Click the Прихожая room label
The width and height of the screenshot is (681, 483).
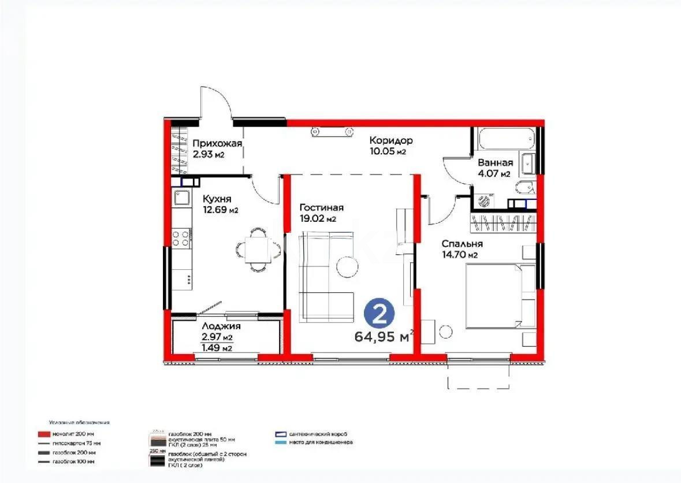click(x=217, y=144)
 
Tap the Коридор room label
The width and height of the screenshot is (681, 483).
click(x=391, y=140)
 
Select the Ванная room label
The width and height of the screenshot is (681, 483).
click(x=495, y=163)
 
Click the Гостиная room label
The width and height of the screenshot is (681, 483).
click(x=322, y=208)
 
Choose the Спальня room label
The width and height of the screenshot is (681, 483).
click(x=462, y=244)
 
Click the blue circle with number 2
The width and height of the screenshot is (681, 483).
click(x=379, y=315)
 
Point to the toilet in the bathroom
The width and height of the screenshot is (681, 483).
click(x=524, y=188)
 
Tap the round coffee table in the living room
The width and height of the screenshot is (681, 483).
click(x=348, y=265)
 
